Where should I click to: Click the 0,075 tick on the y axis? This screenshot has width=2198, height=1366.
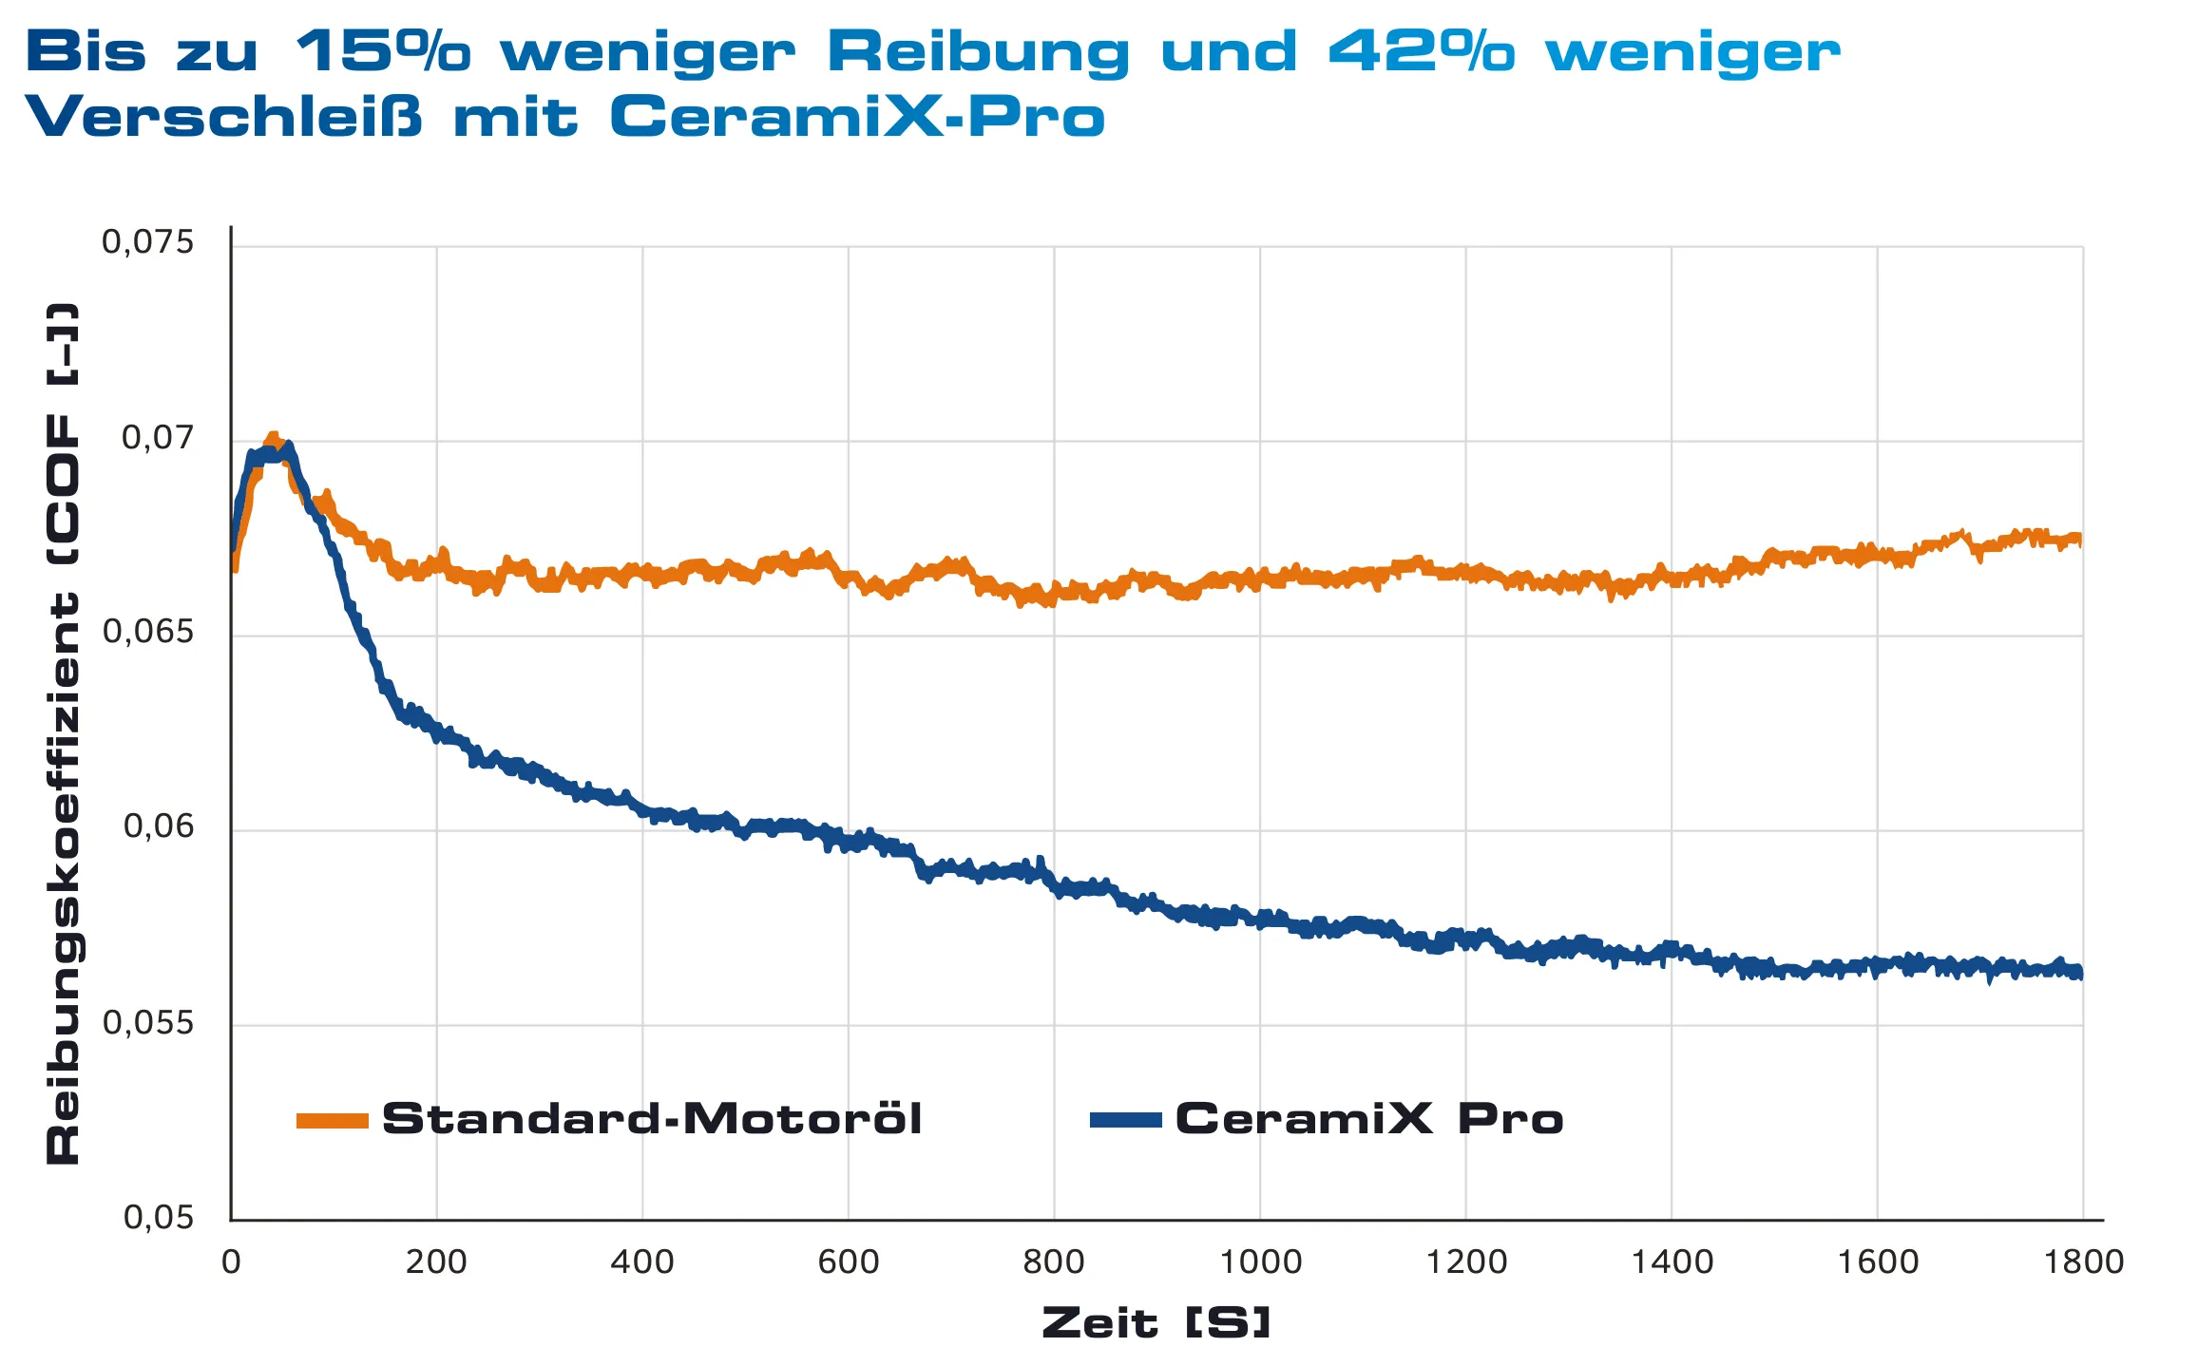(x=147, y=243)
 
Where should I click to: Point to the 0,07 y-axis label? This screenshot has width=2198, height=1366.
(x=157, y=438)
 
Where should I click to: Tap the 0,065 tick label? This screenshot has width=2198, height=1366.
(x=147, y=633)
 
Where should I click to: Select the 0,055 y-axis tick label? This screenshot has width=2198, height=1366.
(x=147, y=1023)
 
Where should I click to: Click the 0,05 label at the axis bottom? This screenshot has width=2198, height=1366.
(x=158, y=1218)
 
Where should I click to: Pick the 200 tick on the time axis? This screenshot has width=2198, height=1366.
(x=436, y=1262)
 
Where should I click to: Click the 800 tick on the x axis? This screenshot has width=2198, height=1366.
(x=1053, y=1262)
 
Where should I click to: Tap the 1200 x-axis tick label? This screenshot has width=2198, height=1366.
(x=1466, y=1262)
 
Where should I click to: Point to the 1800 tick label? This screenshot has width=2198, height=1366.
(x=2083, y=1262)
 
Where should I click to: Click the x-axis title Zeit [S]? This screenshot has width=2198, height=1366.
(x=1156, y=1323)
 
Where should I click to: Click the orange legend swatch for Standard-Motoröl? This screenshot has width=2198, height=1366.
(x=332, y=1121)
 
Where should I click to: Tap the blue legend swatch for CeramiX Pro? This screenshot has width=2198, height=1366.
(x=1125, y=1121)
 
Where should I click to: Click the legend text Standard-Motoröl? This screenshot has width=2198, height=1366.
(x=652, y=1119)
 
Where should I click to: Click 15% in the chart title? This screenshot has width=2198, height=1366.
(x=382, y=51)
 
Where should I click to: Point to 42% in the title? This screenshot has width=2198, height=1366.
(x=1421, y=51)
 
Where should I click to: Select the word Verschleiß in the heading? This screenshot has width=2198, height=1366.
(x=223, y=118)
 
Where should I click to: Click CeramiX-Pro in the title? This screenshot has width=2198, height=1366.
(x=857, y=118)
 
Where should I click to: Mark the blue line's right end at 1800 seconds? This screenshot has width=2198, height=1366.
(x=2080, y=972)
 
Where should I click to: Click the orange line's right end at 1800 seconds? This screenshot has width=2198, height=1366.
(x=2080, y=540)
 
